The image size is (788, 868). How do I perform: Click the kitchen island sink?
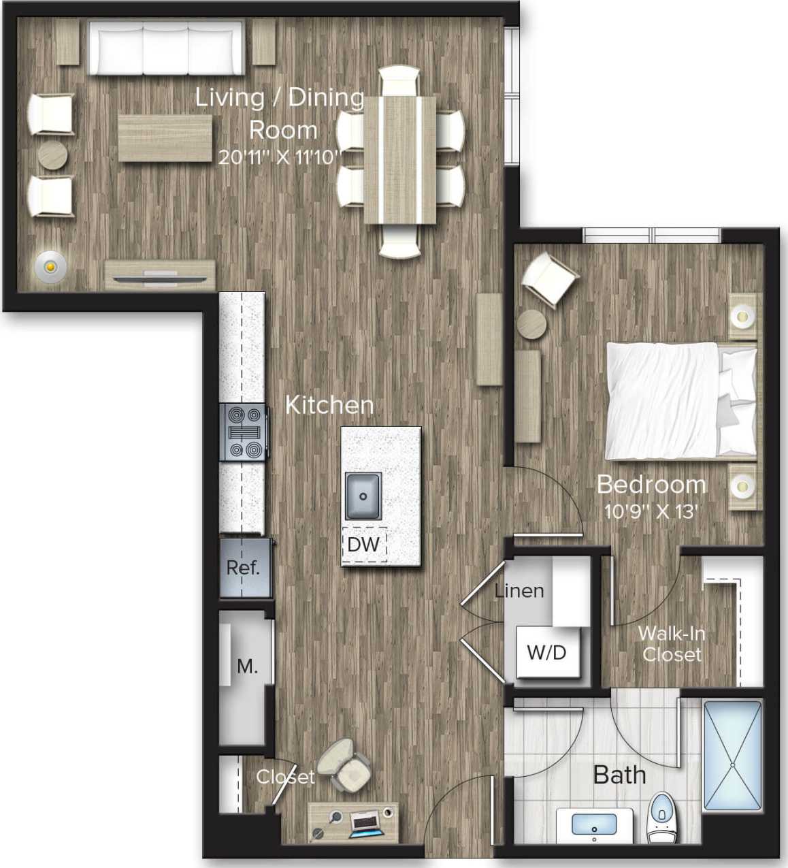363,495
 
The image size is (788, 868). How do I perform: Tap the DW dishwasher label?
363,545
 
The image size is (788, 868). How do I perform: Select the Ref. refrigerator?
244,568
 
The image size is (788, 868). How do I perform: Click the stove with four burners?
242,432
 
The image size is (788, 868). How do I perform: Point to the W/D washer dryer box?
547,652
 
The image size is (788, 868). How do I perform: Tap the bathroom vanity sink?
594,824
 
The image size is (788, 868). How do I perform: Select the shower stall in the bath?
732,756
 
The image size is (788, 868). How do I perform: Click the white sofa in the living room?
166,48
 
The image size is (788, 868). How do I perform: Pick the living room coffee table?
165,138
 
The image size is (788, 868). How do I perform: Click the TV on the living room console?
161,278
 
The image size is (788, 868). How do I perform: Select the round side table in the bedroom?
532,323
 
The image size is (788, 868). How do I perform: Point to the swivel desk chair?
346,765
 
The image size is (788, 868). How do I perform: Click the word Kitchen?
329,405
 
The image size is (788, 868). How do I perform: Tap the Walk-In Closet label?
672,644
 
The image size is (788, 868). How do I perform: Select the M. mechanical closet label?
247,666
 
